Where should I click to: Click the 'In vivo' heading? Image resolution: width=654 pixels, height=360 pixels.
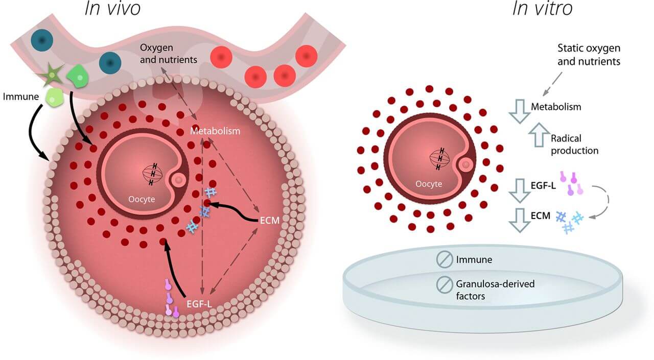pyautogui.click(x=112, y=8)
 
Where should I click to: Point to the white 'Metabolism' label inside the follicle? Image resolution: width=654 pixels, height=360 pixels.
pyautogui.click(x=215, y=131)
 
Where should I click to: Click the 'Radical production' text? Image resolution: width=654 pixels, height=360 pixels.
pyautogui.click(x=574, y=145)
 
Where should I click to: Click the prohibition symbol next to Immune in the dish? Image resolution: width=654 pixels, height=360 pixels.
pyautogui.click(x=442, y=260)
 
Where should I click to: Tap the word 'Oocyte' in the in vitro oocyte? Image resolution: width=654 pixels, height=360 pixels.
pyautogui.click(x=429, y=184)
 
